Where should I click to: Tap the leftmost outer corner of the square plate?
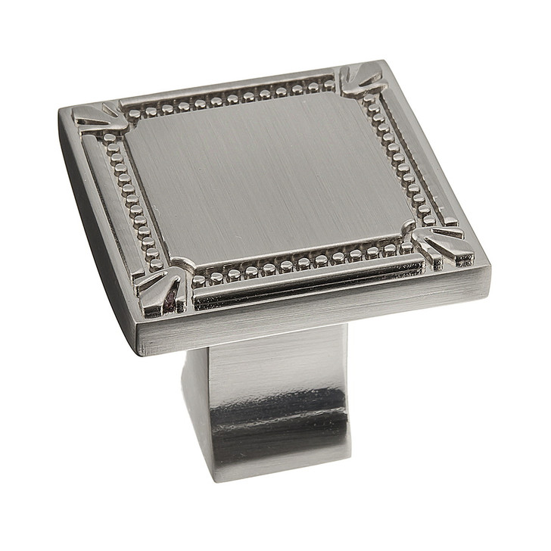click(x=61, y=112)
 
